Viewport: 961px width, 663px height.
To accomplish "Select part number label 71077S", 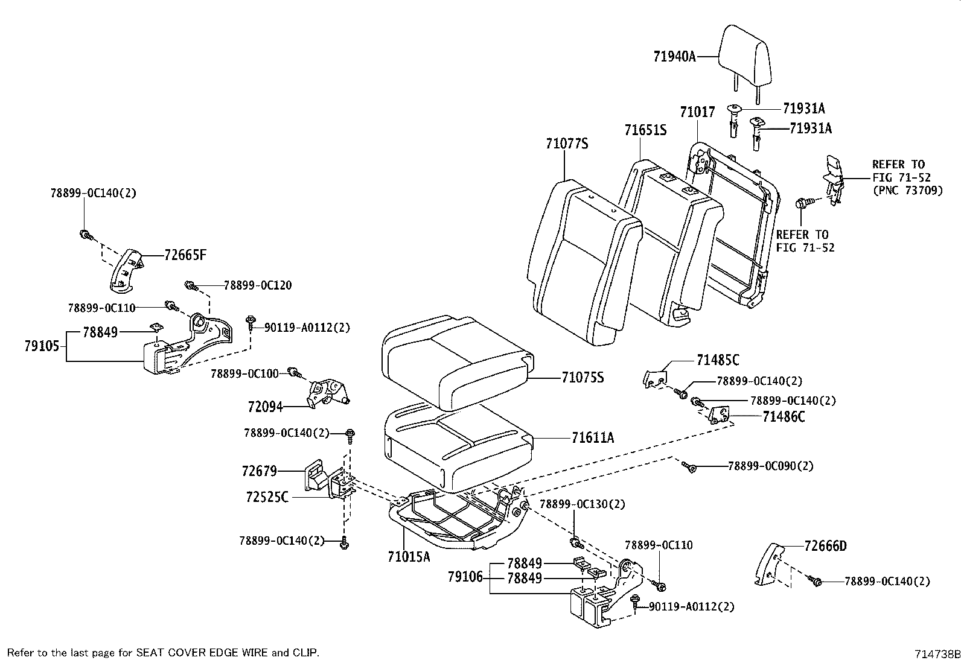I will click(566, 144).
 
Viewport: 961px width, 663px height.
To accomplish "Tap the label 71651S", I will click(645, 130).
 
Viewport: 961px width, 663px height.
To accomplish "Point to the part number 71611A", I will click(592, 437).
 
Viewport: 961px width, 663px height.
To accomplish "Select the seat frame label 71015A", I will click(409, 556).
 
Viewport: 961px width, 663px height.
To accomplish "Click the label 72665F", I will click(185, 255).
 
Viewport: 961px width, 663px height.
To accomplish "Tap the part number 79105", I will click(42, 346).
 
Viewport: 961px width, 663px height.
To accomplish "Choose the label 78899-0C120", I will click(257, 285).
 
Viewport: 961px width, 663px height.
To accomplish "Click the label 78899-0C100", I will click(244, 374).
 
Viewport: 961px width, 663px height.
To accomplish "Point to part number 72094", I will click(265, 407).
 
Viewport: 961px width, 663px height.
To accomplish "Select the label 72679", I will click(260, 471).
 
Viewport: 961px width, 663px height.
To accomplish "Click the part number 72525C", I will click(267, 497).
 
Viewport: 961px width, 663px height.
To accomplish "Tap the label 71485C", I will click(717, 360).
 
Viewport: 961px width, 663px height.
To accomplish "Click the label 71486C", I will click(784, 417).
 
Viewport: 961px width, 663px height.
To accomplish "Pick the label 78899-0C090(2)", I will click(770, 466).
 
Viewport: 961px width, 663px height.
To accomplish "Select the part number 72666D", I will click(825, 547).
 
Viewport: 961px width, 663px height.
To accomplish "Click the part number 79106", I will click(465, 577).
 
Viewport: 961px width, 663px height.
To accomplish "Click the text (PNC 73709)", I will click(907, 191).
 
